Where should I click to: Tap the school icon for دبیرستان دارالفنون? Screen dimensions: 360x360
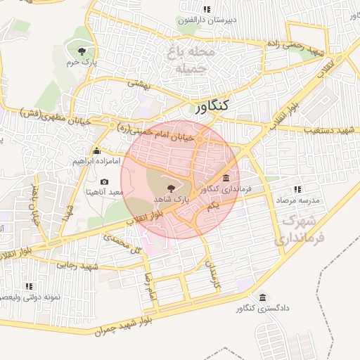coord(206,9)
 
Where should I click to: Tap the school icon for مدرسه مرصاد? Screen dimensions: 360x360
coord(297,189)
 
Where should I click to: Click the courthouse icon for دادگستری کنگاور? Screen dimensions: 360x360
coord(262,297)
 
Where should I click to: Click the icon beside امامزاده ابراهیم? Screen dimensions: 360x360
coord(96,150)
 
